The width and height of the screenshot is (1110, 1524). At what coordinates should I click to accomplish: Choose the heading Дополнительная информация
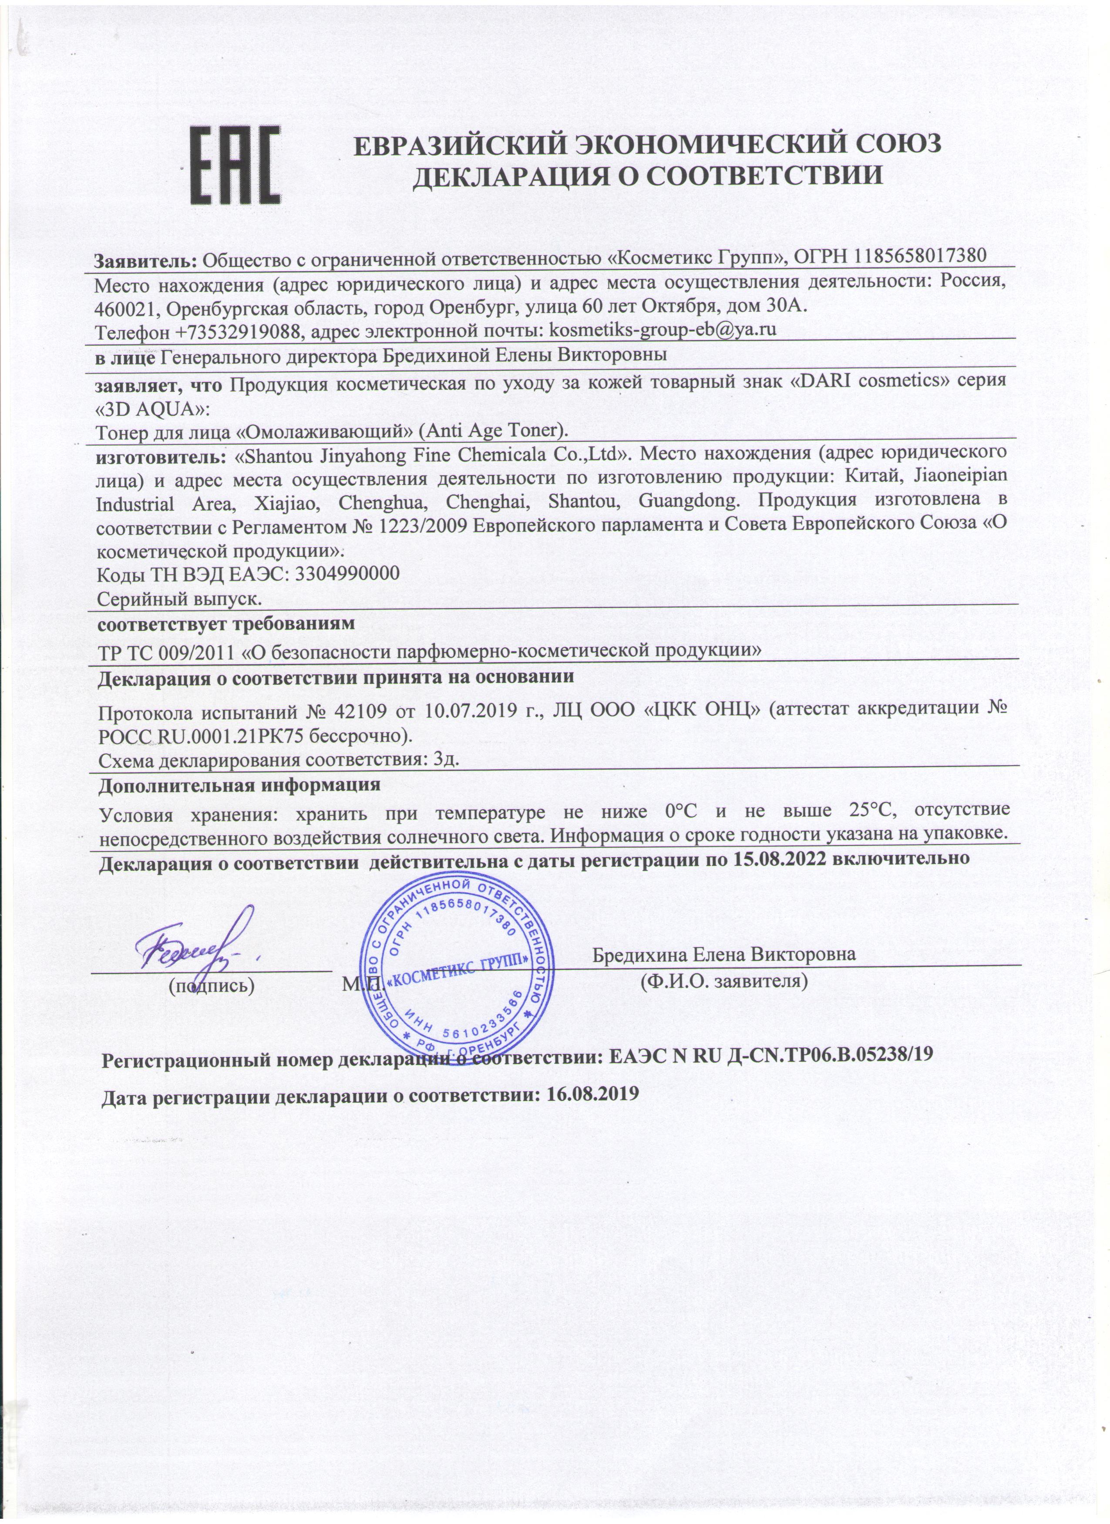[240, 784]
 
